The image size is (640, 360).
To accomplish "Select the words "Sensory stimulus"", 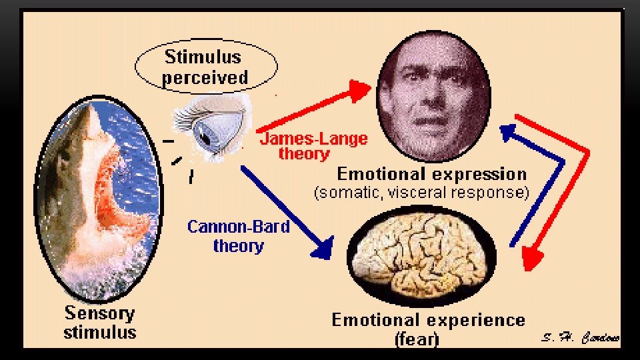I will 99,322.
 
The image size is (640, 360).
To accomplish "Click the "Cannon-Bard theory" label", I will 239,236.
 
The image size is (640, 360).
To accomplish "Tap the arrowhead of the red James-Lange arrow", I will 361,89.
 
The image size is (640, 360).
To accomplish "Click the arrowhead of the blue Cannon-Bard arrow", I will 324,249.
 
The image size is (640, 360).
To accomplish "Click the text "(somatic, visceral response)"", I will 421,193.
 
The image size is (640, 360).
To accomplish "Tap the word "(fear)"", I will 417,339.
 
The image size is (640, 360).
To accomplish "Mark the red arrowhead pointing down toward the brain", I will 531,259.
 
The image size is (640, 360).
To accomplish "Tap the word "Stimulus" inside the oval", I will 203,56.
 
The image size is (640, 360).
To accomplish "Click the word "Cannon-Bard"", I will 239,227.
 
